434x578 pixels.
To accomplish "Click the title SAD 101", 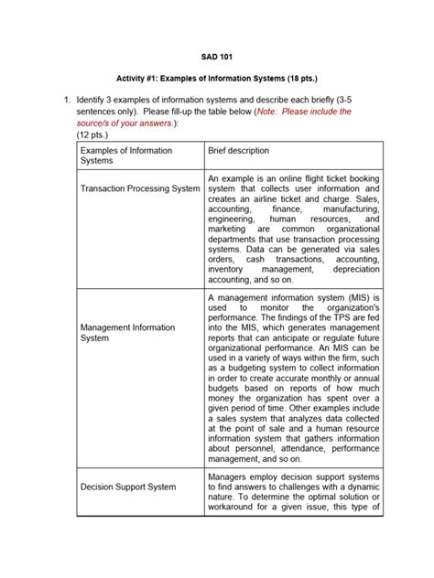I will (216, 58).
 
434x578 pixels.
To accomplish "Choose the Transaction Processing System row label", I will (140, 188).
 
